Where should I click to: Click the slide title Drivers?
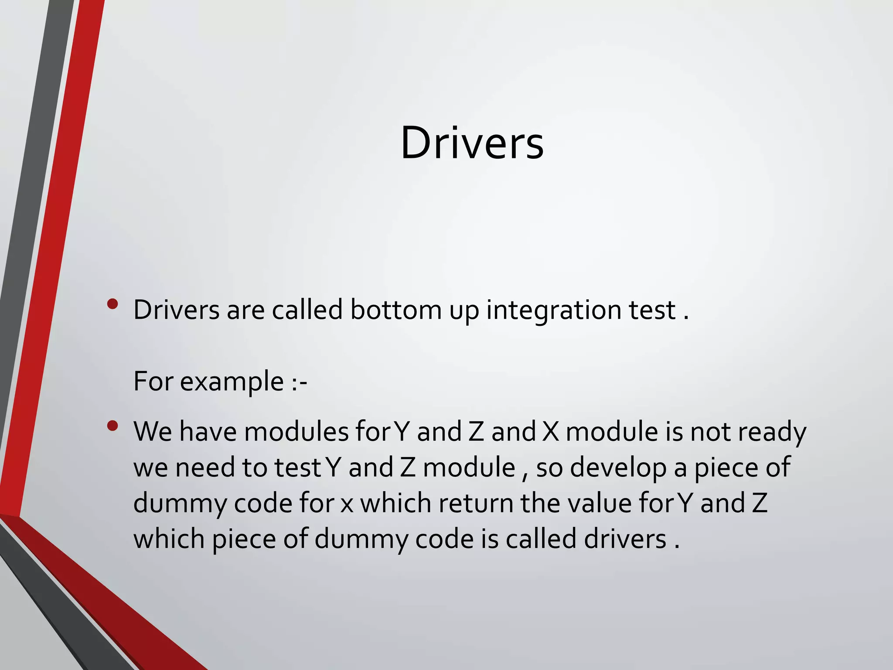(472, 143)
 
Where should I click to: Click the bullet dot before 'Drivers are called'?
(112, 304)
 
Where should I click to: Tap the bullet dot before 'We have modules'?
(112, 426)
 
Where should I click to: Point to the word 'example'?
(232, 382)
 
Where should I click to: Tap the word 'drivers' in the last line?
(625, 539)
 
